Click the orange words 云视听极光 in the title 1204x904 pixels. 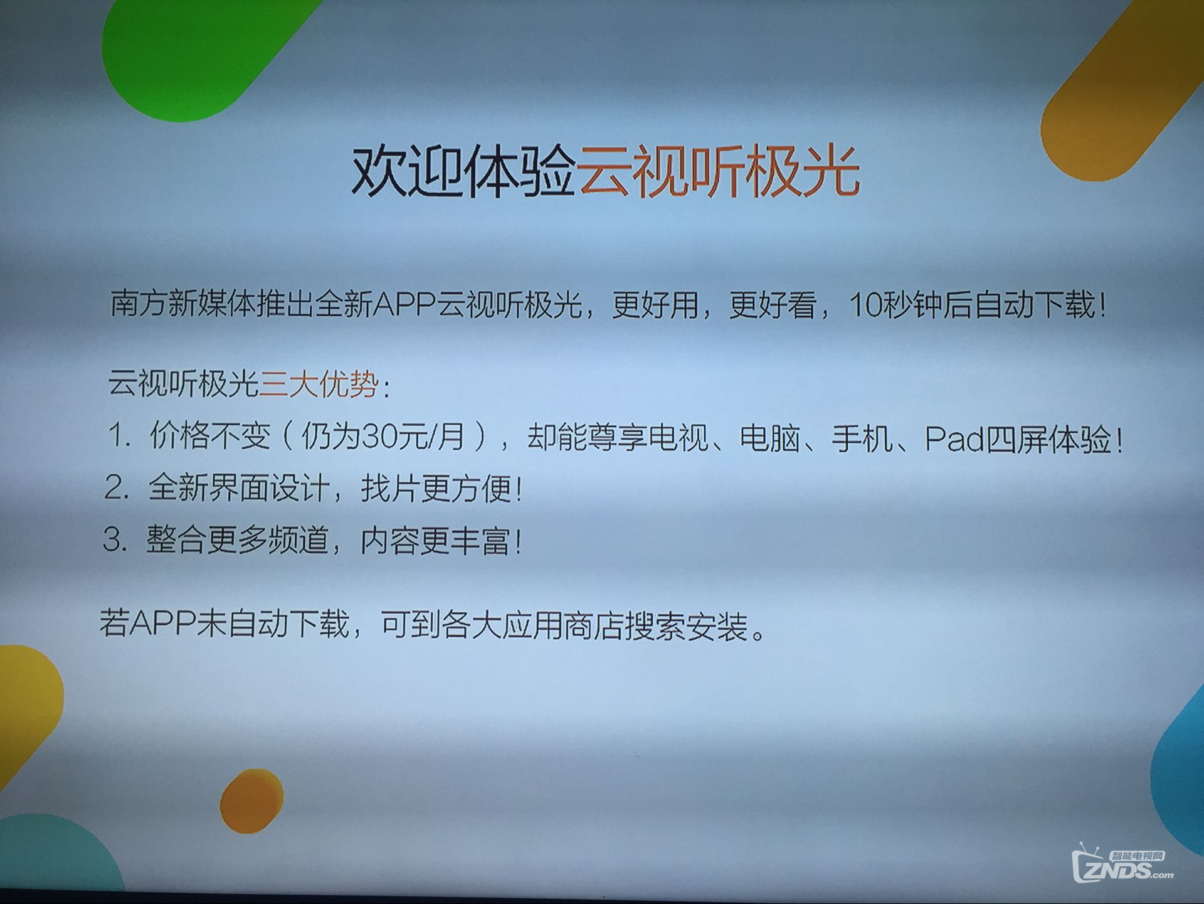coord(719,171)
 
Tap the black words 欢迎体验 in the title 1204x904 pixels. coord(464,171)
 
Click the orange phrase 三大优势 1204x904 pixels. coord(319,383)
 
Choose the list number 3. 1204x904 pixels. coord(114,540)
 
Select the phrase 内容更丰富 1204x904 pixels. coord(435,541)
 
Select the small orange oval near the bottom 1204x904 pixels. coord(251,800)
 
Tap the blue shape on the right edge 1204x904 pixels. coord(1179,772)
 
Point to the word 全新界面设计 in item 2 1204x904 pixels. coord(238,487)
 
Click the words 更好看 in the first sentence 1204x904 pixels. coord(773,306)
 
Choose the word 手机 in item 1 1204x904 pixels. coord(862,439)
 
